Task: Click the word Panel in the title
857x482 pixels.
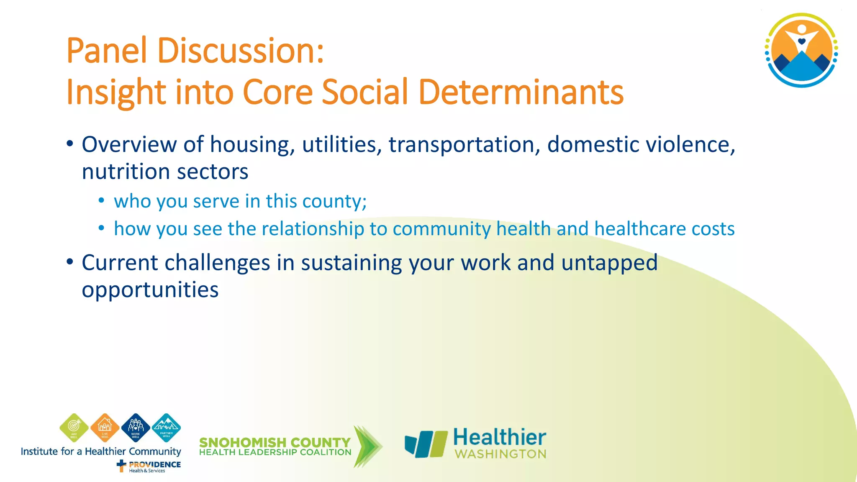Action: [107, 51]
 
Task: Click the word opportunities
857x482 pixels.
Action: [150, 290]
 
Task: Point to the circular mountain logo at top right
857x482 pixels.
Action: [801, 50]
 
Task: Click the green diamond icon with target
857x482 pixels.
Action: [74, 427]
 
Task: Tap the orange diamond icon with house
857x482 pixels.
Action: [105, 427]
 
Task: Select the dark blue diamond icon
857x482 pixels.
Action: [136, 427]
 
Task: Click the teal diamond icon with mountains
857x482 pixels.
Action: [166, 427]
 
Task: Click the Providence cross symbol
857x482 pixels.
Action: [121, 465]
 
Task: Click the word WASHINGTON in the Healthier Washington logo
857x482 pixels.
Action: [500, 454]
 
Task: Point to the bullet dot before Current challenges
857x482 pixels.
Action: [70, 263]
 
